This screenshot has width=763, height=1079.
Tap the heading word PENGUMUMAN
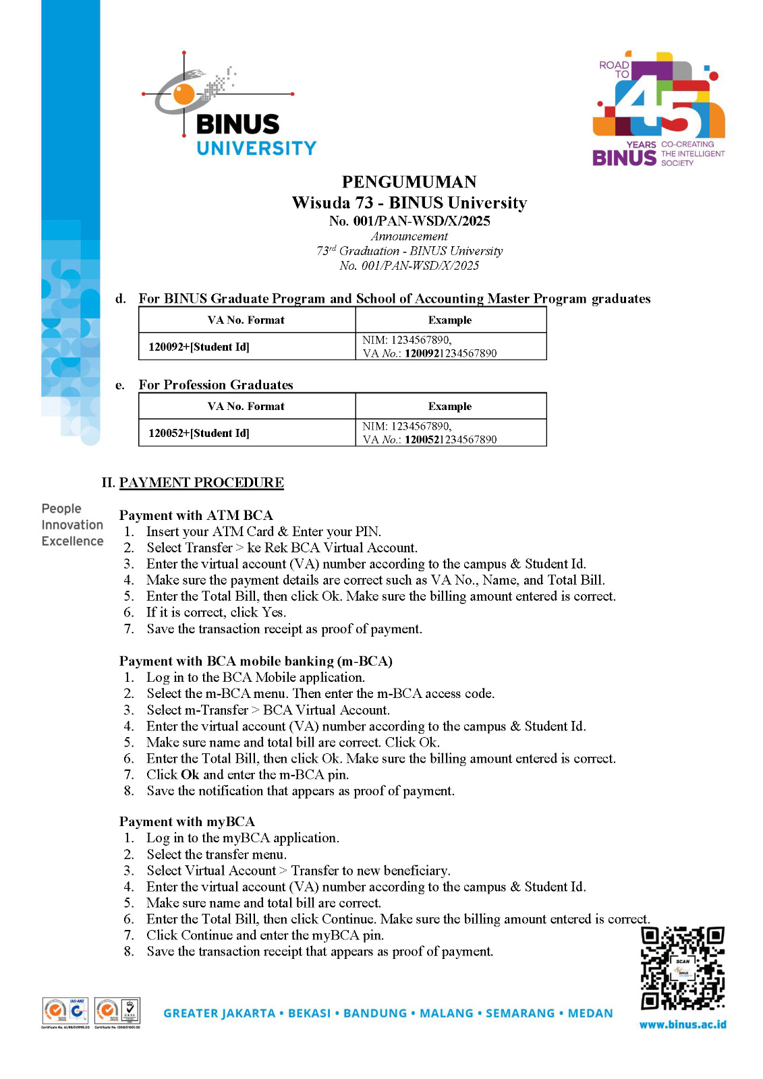coord(409,182)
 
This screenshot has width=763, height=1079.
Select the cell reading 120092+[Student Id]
coord(199,347)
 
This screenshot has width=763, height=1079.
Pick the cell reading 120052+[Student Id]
coord(199,433)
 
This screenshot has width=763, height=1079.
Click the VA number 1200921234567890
coord(450,353)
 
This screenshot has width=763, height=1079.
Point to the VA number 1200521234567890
coord(450,440)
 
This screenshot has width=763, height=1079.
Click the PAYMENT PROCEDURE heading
coord(201,483)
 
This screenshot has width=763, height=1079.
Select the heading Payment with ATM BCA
coord(196,515)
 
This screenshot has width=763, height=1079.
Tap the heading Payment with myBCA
coord(187,821)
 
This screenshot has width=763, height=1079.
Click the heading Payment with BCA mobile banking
coord(256,661)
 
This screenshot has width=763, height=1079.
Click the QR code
coord(682,968)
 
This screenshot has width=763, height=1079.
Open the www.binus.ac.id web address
coord(683,1024)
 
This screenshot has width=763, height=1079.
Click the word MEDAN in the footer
coord(590,1014)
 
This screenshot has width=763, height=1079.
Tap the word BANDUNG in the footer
coord(375,1014)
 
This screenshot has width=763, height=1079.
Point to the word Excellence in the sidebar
coord(72,542)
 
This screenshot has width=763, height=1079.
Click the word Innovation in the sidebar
coord(72,525)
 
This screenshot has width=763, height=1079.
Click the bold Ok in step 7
coord(190,775)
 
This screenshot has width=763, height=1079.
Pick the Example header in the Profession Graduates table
coord(450,407)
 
